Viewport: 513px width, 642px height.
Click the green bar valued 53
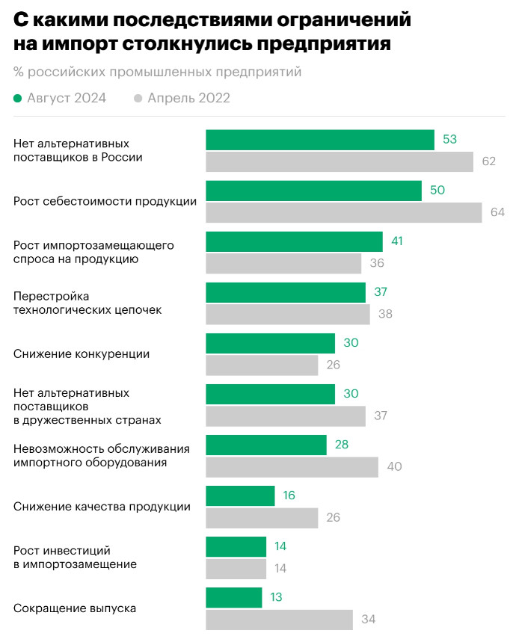[320, 140]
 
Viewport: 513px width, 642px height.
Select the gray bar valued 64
[344, 212]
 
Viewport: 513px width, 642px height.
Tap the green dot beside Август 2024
[18, 99]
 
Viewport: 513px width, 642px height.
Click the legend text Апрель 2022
[188, 99]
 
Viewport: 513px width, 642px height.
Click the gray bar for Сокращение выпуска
[279, 620]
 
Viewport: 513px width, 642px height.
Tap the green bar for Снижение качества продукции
[240, 496]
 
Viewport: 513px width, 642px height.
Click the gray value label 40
[394, 467]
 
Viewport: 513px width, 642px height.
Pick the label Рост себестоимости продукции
[105, 202]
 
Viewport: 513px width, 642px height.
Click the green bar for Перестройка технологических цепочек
[286, 292]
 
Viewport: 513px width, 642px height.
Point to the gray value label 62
[489, 161]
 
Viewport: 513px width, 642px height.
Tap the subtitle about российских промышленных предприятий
[157, 72]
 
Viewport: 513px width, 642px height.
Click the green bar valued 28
[266, 445]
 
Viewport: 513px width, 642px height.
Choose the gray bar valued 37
[286, 416]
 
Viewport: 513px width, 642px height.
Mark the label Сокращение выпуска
[75, 608]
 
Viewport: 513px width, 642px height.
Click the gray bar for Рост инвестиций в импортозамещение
[236, 569]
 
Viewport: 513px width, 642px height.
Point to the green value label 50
[437, 191]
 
